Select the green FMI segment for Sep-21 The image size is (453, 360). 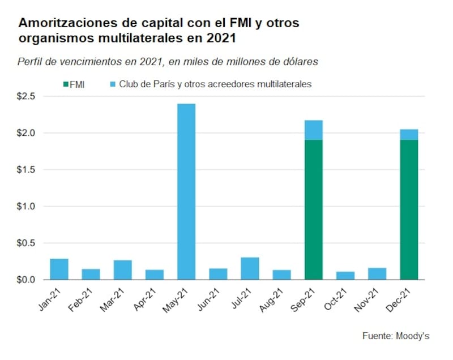(313, 209)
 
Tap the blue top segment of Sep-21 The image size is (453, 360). (313, 130)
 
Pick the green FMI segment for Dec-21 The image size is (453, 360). (408, 209)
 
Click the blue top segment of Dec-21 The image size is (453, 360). (408, 134)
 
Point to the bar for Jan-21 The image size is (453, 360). (59, 269)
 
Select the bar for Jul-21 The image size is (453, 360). (250, 268)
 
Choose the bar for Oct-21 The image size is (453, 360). (345, 276)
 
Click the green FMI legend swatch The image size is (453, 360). (65, 84)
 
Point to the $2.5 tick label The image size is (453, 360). (27, 96)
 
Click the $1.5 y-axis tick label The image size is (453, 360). (27, 170)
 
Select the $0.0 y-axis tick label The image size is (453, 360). (27, 280)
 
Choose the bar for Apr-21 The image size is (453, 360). (154, 275)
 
